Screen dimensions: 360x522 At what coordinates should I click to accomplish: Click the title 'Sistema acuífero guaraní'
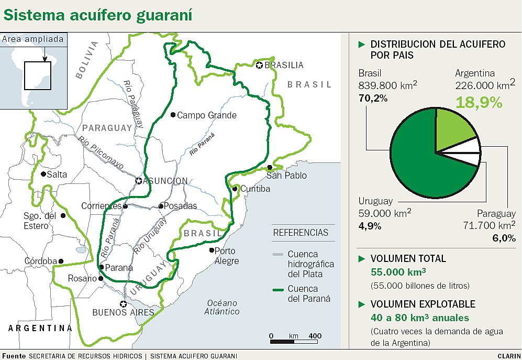click(98, 15)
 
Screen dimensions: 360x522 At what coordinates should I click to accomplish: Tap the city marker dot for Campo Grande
click(173, 115)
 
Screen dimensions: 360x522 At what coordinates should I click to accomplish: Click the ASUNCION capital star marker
click(139, 181)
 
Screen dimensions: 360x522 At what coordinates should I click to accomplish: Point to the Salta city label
click(57, 174)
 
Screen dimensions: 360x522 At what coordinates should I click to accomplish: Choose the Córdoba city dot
click(61, 261)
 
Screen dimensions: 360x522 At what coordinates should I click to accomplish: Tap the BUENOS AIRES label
click(123, 313)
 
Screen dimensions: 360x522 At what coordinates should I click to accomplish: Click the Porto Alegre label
click(227, 256)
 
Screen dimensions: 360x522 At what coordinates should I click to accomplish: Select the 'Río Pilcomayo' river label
click(101, 153)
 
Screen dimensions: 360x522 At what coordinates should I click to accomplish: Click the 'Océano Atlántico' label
click(223, 307)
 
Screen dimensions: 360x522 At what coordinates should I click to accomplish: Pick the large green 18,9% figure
click(478, 102)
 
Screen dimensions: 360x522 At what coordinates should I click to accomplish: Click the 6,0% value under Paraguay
click(504, 238)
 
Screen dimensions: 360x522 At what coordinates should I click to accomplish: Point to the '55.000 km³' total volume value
click(398, 272)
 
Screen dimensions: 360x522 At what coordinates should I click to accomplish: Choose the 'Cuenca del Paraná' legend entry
click(301, 293)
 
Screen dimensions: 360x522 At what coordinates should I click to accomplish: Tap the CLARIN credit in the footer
click(506, 356)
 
